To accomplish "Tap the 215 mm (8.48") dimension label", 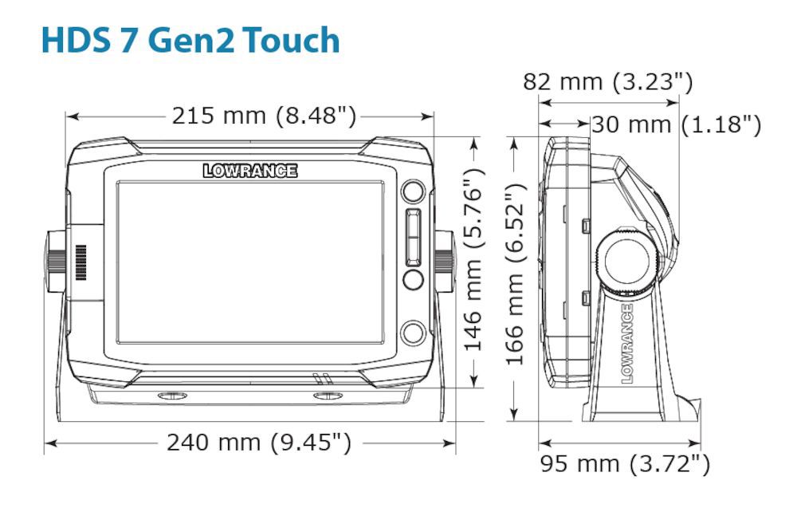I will tap(264, 116).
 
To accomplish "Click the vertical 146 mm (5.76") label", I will tap(474, 259).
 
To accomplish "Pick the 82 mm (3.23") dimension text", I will tap(607, 81).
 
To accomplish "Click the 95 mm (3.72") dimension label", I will tap(624, 463).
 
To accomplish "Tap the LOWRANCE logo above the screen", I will tap(249, 171).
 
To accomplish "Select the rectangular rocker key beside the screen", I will tap(412, 237).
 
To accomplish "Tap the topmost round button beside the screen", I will tap(412, 191).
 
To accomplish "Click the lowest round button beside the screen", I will tap(412, 332).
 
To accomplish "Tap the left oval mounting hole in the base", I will tap(168, 396).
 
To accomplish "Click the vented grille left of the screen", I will tap(80, 262).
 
